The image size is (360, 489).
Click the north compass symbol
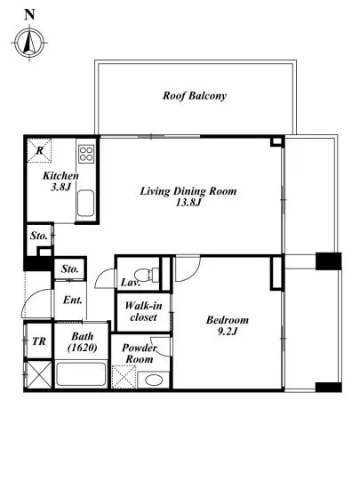[x=29, y=43]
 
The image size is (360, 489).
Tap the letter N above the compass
[x=29, y=15]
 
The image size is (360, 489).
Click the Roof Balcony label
[x=195, y=95]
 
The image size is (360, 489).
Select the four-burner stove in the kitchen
[x=86, y=154]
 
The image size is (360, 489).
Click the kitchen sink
[x=85, y=203]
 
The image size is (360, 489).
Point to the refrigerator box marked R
[x=39, y=150]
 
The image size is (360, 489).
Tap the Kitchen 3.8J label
[x=60, y=181]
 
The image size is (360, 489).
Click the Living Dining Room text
[x=188, y=191]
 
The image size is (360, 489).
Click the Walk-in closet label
[x=143, y=311]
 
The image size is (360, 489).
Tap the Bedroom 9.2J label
[x=228, y=325]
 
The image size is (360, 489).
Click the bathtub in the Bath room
[x=82, y=373]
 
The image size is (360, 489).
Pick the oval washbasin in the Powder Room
[x=154, y=380]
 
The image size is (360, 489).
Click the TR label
[x=39, y=341]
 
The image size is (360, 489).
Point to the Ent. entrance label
[x=73, y=300]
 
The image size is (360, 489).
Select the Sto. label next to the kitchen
[x=38, y=236]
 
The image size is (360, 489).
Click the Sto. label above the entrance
[x=70, y=269]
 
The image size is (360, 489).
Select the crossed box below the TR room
[x=39, y=374]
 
